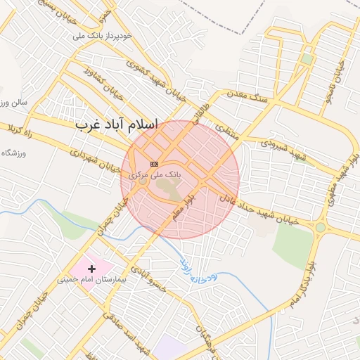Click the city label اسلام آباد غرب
click(117, 124)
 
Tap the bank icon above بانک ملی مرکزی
click(155, 163)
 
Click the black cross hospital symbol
click(91, 269)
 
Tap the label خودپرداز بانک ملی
click(108, 34)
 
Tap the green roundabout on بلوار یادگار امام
click(320, 227)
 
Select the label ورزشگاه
click(13, 153)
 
